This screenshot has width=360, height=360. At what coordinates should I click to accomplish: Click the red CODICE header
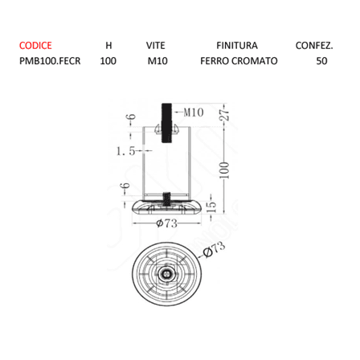coord(35,46)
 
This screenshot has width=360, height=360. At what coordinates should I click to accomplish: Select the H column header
coord(108,46)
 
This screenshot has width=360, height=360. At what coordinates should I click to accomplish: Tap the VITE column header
coord(155,46)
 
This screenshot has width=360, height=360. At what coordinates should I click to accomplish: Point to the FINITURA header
coord(237,46)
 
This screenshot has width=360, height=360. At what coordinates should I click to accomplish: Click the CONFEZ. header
coord(314,46)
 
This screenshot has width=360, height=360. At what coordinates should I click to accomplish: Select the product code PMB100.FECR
coord(50,61)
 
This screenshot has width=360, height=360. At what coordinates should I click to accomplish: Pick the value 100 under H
coord(108,61)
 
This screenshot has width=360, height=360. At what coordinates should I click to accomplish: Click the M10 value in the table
coord(157,61)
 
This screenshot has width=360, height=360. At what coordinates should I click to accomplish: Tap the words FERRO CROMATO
coord(239,61)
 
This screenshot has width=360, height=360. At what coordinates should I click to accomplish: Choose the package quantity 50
coord(321,61)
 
